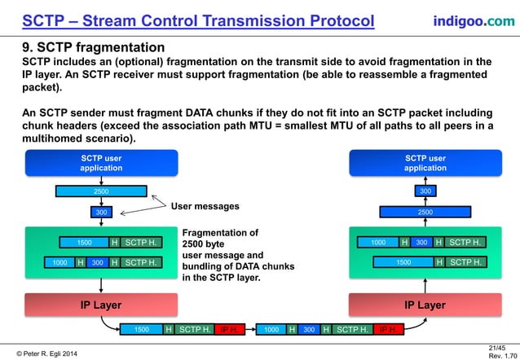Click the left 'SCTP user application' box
click(x=101, y=163)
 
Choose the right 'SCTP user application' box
click(x=425, y=163)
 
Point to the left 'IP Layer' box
click(x=101, y=305)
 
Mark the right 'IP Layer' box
click(x=425, y=305)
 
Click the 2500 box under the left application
click(x=101, y=192)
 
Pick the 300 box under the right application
click(x=425, y=191)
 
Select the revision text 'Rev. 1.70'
click(x=500, y=356)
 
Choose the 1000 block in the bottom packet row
click(x=271, y=330)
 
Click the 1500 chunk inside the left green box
click(x=84, y=242)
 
